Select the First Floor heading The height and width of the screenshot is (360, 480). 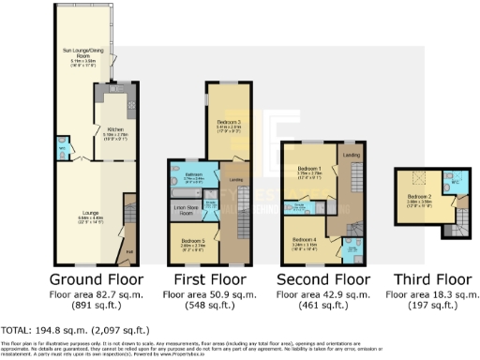(x=207, y=279)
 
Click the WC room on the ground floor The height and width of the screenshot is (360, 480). (x=63, y=149)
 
